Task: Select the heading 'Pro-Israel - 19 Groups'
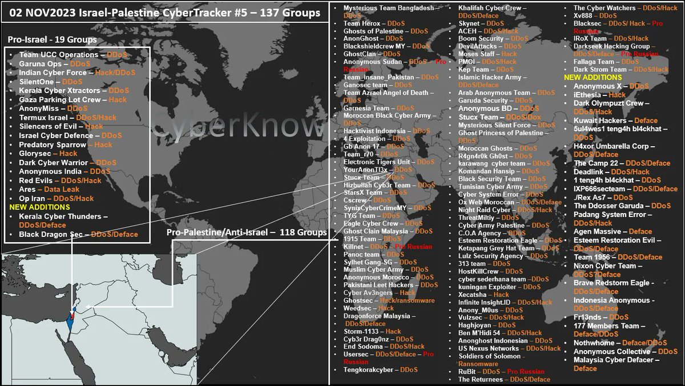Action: [52, 40]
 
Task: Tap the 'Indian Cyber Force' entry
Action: [69, 73]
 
